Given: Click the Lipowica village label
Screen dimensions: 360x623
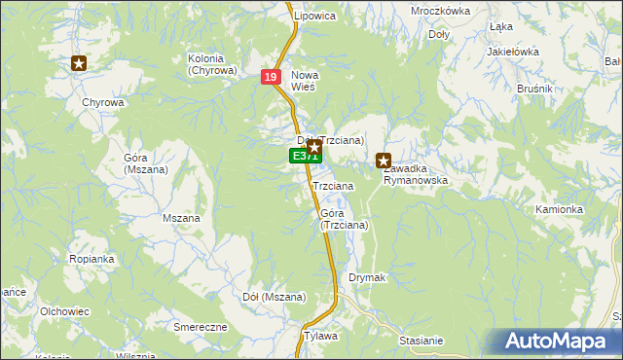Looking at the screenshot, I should tap(314, 17).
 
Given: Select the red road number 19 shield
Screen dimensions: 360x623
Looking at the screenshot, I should tap(271, 77).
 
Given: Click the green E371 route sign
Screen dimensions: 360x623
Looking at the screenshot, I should tap(302, 156).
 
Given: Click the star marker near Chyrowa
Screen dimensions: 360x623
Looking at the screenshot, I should tap(79, 64).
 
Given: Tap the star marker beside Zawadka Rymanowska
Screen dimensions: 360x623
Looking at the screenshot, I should tap(384, 162).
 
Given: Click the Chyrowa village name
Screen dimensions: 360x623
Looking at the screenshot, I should tap(103, 102).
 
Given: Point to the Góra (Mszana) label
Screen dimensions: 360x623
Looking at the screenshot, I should tap(146, 163).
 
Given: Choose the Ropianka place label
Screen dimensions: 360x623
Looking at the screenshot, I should tap(92, 259).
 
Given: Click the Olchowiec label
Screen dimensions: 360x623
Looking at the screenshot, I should tap(64, 311).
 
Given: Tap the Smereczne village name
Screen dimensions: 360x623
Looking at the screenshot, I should tap(200, 327).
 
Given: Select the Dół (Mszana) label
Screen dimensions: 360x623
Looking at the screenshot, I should tap(274, 297).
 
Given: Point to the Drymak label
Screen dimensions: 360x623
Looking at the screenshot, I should tap(368, 278).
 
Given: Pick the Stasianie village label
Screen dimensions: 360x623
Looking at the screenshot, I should tap(421, 341).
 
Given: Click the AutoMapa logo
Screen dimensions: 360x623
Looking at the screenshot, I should tap(561, 342).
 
